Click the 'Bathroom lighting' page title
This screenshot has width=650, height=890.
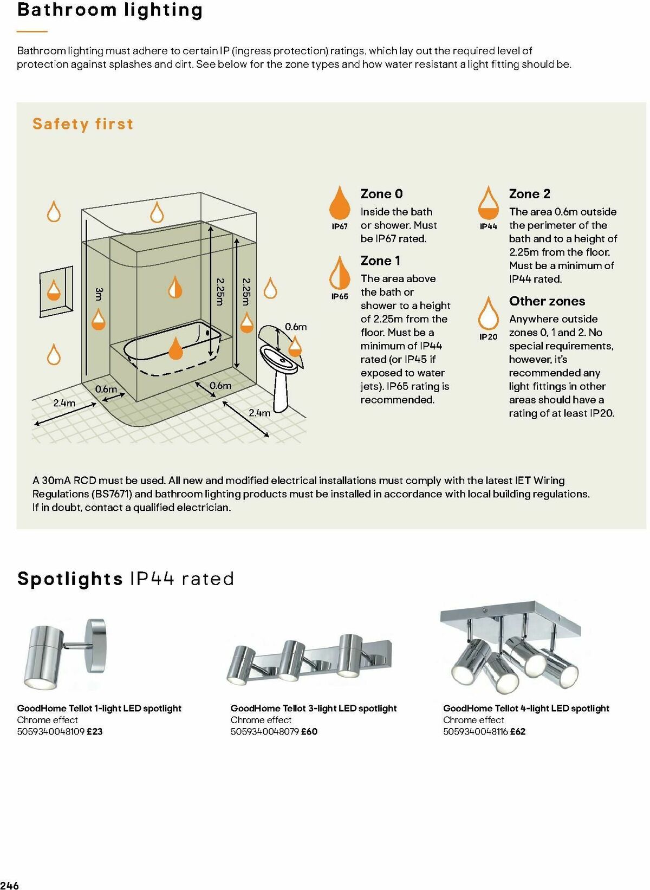[x=110, y=10]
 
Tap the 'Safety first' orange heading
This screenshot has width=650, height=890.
[x=83, y=124]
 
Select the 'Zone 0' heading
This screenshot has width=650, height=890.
[x=381, y=194]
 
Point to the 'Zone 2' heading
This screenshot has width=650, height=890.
[x=529, y=194]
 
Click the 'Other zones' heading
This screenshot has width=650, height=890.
[x=547, y=301]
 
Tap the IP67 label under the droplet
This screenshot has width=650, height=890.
[x=340, y=226]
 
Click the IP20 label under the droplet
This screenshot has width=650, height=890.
[x=488, y=337]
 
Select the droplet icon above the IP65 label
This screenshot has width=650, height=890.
[x=340, y=273]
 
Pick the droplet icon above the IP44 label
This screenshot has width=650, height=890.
[x=488, y=203]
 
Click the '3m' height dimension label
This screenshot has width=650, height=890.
[x=99, y=294]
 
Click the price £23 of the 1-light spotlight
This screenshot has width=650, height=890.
[x=95, y=731]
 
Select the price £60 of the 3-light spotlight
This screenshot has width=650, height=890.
[x=309, y=731]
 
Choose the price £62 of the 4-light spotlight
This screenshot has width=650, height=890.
[x=518, y=731]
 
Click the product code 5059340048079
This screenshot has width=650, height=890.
[x=264, y=731]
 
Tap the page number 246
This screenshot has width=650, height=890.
[x=10, y=885]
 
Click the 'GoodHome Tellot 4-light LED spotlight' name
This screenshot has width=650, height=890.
[x=526, y=708]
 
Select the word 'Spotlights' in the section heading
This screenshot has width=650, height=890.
[x=70, y=579]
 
